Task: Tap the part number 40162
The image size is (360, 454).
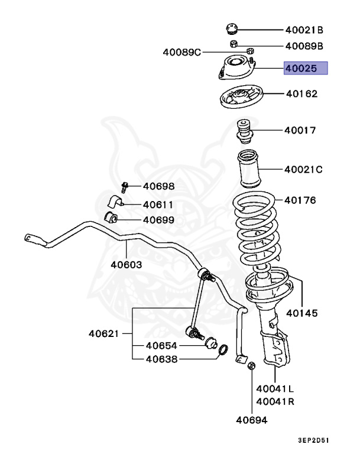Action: pos(301,93)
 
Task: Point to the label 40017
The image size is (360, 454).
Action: pos(300,130)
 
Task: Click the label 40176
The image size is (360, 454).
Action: pos(300,200)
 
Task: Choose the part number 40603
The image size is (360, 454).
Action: pos(125,264)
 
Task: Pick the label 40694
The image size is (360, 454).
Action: pos(252,420)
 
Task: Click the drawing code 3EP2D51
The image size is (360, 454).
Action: pos(323,441)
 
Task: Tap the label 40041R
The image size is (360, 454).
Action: pos(275,401)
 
